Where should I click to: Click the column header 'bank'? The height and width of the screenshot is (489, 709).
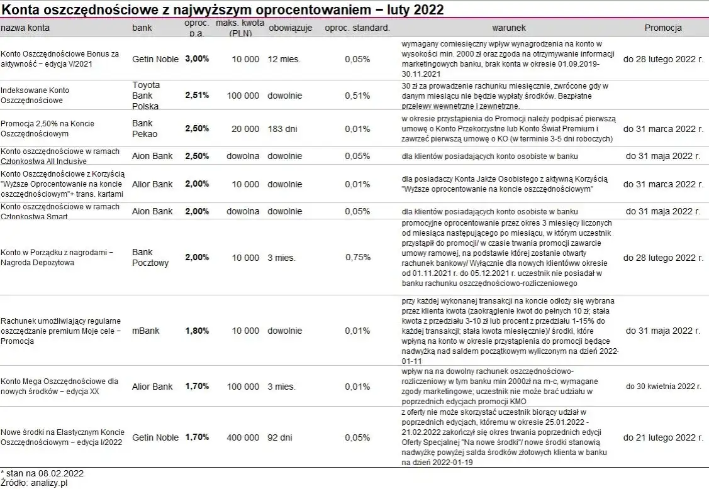coord(142,28)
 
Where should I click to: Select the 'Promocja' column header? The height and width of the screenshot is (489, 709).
coord(663,28)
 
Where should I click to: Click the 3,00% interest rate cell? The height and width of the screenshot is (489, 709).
coord(197,59)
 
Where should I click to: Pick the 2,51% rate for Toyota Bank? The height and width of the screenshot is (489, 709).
coord(197,96)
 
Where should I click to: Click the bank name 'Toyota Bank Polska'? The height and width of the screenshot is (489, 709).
coord(146,96)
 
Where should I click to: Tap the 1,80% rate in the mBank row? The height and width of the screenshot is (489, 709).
coord(197,331)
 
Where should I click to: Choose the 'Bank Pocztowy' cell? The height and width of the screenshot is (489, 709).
coord(150,258)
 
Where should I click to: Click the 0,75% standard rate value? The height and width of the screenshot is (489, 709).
coord(357,258)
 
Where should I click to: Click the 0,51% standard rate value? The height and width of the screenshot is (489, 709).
coord(357,96)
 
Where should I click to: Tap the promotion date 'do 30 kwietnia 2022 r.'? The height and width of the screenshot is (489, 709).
coord(663,386)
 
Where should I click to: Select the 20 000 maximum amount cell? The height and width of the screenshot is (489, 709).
coord(245,129)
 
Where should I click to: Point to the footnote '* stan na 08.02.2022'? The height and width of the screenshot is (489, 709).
coord(42,473)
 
